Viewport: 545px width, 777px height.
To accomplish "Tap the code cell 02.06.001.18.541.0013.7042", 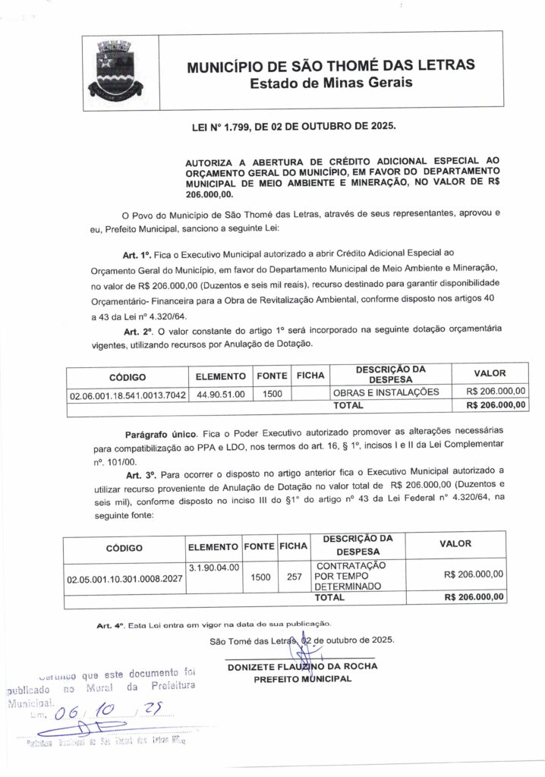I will pyautogui.click(x=127, y=395).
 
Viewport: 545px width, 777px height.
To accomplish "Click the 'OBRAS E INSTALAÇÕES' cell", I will pyautogui.click(x=386, y=393).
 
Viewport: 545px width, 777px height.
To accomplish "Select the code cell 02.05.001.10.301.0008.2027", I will pyautogui.click(x=125, y=577).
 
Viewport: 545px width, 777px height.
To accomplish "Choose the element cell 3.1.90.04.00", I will pyautogui.click(x=213, y=567).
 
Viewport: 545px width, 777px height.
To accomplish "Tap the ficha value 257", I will pyautogui.click(x=295, y=577).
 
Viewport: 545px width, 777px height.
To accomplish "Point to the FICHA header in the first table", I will pyautogui.click(x=310, y=376).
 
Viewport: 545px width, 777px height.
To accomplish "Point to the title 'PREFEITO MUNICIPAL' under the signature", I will pyautogui.click(x=302, y=678).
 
